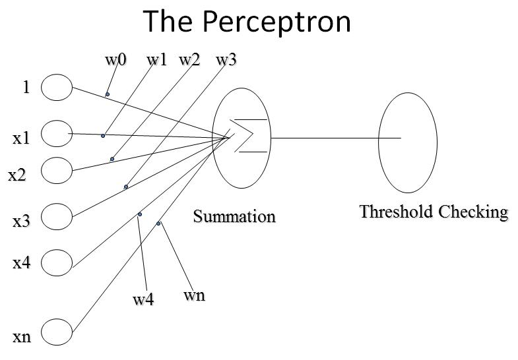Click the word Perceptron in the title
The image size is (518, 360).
click(277, 21)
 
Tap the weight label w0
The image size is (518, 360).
click(115, 60)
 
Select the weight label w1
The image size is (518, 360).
click(157, 60)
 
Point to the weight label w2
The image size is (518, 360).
click(189, 60)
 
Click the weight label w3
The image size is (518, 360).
click(226, 60)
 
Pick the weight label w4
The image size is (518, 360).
click(143, 300)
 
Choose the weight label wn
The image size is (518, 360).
click(194, 295)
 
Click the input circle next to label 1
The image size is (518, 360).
click(57, 88)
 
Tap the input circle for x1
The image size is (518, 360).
click(57, 134)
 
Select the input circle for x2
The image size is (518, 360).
click(57, 170)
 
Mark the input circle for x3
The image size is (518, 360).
click(57, 215)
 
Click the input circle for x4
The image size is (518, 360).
click(57, 262)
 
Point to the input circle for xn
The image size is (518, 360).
click(57, 332)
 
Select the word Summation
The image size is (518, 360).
click(234, 216)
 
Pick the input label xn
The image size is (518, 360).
click(22, 338)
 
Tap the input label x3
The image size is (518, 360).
click(22, 222)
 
